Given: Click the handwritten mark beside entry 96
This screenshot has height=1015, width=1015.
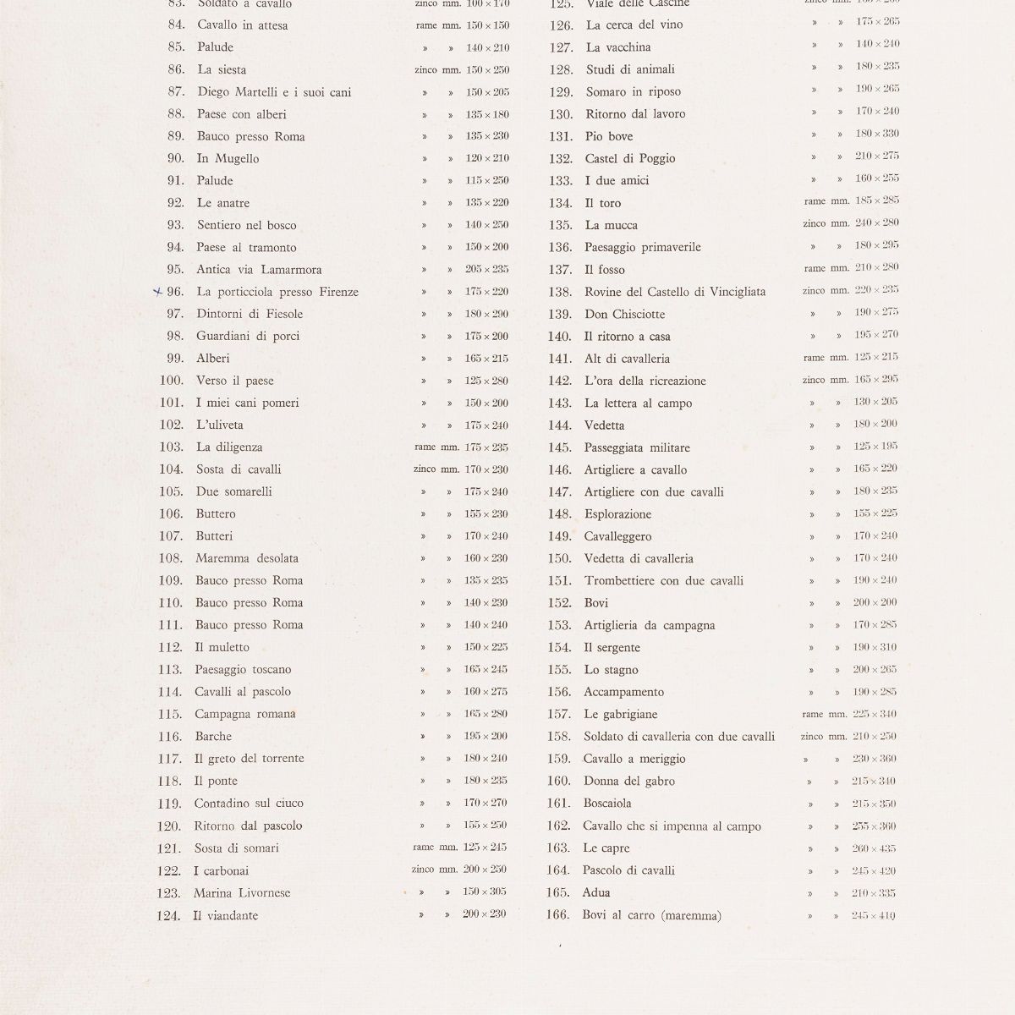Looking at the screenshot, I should [156, 292].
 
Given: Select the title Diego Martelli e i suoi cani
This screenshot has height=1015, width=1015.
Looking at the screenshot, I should [274, 92].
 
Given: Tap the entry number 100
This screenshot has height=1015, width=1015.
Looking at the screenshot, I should [171, 381].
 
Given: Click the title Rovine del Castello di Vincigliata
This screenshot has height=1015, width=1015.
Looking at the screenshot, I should [674, 292].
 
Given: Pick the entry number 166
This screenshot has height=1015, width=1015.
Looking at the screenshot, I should [558, 915].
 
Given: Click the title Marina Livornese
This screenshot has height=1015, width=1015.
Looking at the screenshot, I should [241, 893].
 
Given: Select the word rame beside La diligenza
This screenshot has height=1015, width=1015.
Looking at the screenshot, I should [425, 447].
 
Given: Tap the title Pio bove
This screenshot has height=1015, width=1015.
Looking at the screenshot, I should [608, 136].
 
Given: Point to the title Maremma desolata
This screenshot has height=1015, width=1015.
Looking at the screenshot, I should [246, 558].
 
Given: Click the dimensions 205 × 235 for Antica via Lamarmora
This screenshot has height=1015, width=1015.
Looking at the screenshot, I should [486, 269].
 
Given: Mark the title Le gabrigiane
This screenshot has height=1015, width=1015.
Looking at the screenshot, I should [620, 715].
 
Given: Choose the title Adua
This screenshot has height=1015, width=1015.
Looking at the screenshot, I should [595, 892].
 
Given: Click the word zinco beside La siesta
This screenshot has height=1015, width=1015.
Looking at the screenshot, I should [426, 70].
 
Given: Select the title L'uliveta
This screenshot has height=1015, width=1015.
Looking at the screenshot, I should [219, 425].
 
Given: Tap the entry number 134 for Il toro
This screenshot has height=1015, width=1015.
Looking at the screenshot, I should [560, 203].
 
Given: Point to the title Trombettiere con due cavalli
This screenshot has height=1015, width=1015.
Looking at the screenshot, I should [663, 581].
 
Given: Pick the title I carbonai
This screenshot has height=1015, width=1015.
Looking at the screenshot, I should [221, 870].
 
